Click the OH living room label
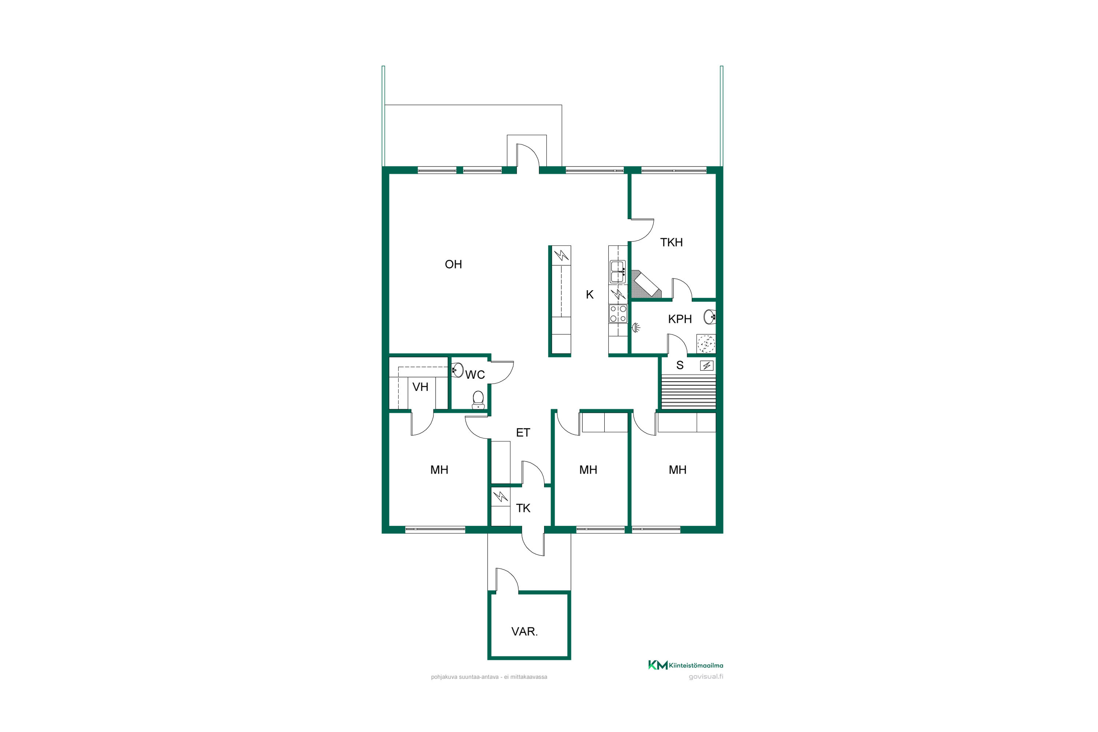tap(453, 264)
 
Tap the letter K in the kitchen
tap(590, 295)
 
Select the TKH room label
tap(671, 242)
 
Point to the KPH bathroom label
tap(680, 319)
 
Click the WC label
tap(475, 374)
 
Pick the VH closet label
tap(420, 386)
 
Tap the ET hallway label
tap(523, 432)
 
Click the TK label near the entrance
tap(523, 508)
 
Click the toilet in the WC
tap(478, 400)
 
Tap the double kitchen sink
tap(618, 271)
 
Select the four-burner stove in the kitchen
tap(618, 314)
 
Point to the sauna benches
tap(688, 393)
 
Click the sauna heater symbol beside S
tap(706, 366)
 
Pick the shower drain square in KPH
tap(706, 344)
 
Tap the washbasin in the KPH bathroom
tap(710, 317)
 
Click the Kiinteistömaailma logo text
tap(696, 665)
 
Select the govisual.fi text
tap(706, 676)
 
